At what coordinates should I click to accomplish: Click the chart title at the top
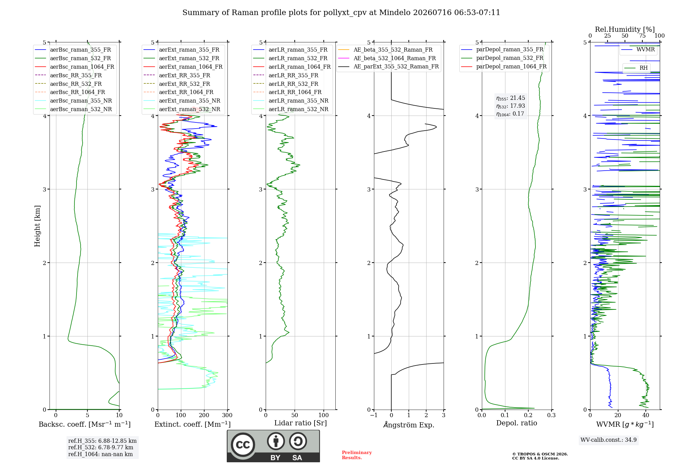pyautogui.click(x=341, y=13)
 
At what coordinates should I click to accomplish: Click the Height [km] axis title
pyautogui.click(x=37, y=226)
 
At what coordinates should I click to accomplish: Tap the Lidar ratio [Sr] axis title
pyautogui.click(x=301, y=423)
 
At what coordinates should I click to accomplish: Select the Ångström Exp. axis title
pyautogui.click(x=409, y=425)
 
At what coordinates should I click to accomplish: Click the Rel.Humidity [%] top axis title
pyautogui.click(x=625, y=29)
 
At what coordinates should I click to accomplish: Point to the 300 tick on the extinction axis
pyautogui.click(x=227, y=415)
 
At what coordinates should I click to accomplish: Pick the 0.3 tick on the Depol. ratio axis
pyautogui.click(x=552, y=415)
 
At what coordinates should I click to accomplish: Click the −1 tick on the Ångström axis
pyautogui.click(x=374, y=415)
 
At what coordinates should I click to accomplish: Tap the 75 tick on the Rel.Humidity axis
pyautogui.click(x=642, y=36)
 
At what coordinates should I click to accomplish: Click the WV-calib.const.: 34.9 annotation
pyautogui.click(x=609, y=440)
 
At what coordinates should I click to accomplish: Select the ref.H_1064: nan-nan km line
pyautogui.click(x=100, y=454)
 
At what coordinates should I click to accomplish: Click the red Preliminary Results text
pyautogui.click(x=357, y=455)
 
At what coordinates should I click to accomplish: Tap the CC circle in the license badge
pyautogui.click(x=243, y=445)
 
